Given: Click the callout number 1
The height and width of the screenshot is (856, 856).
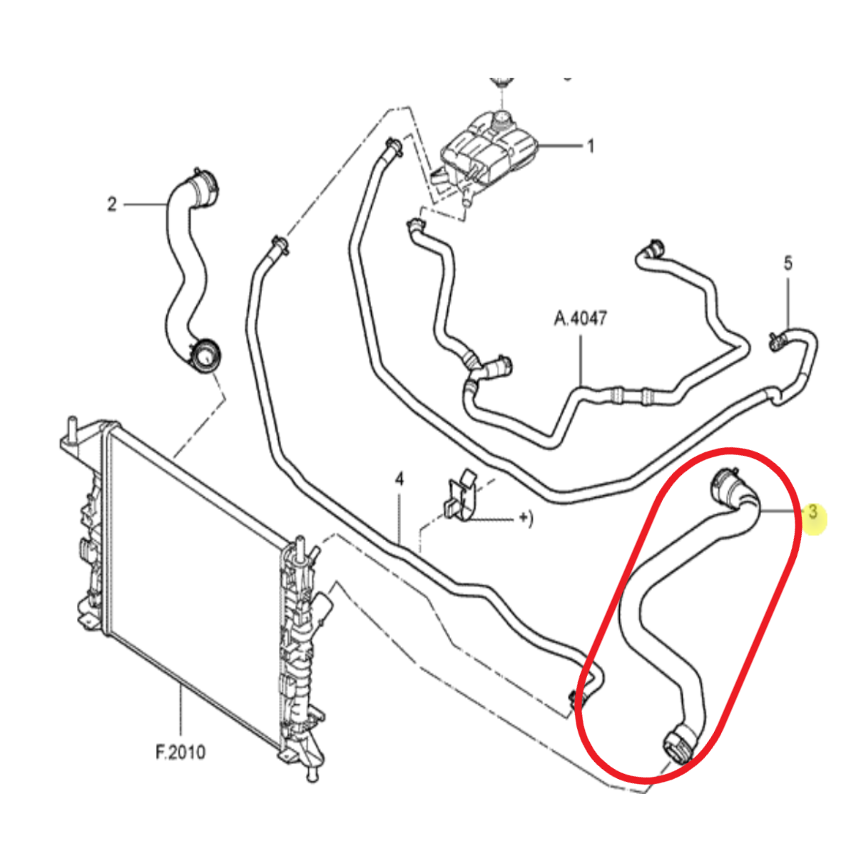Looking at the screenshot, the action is [591, 146].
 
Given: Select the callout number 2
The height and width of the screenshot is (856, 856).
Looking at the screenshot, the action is [112, 204].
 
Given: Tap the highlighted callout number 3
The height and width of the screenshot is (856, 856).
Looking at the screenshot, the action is [812, 511].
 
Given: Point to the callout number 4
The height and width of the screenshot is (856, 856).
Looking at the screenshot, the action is [399, 479].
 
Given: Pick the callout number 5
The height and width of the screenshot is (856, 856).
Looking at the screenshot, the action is [788, 263].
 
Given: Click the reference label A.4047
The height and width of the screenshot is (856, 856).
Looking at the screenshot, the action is [580, 318].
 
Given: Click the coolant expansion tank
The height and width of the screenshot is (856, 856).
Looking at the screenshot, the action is [489, 151].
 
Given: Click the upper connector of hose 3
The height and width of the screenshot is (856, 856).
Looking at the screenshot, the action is [724, 486].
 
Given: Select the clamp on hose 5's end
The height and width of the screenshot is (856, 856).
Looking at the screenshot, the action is [778, 340].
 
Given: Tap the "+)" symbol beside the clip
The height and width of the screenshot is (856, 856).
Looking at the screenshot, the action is [526, 519].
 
